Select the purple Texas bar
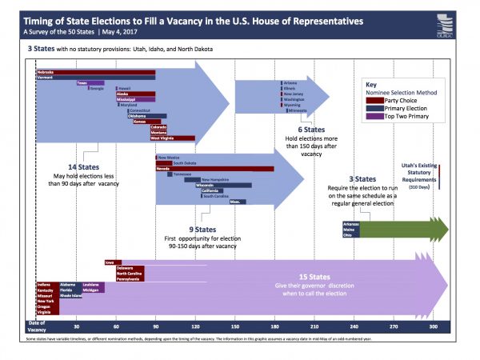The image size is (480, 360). coord(90,82)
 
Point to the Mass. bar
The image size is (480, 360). coord(237,202)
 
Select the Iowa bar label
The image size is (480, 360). coord(109,262)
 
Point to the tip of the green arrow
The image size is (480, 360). coord(448,227)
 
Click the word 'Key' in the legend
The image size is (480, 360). coord(370,84)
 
